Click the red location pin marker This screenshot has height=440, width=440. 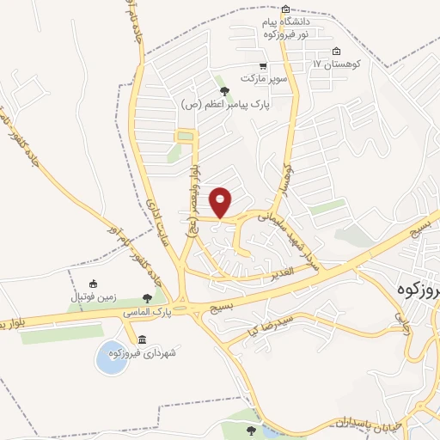coord(222,201)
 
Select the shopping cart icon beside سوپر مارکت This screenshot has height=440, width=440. coord(263,66)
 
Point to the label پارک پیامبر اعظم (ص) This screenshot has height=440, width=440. coord(225,104)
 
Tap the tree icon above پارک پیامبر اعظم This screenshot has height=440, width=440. coord(224,90)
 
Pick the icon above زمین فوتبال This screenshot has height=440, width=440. coord(93,284)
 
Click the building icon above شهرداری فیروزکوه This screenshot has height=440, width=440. coord(142,338)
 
